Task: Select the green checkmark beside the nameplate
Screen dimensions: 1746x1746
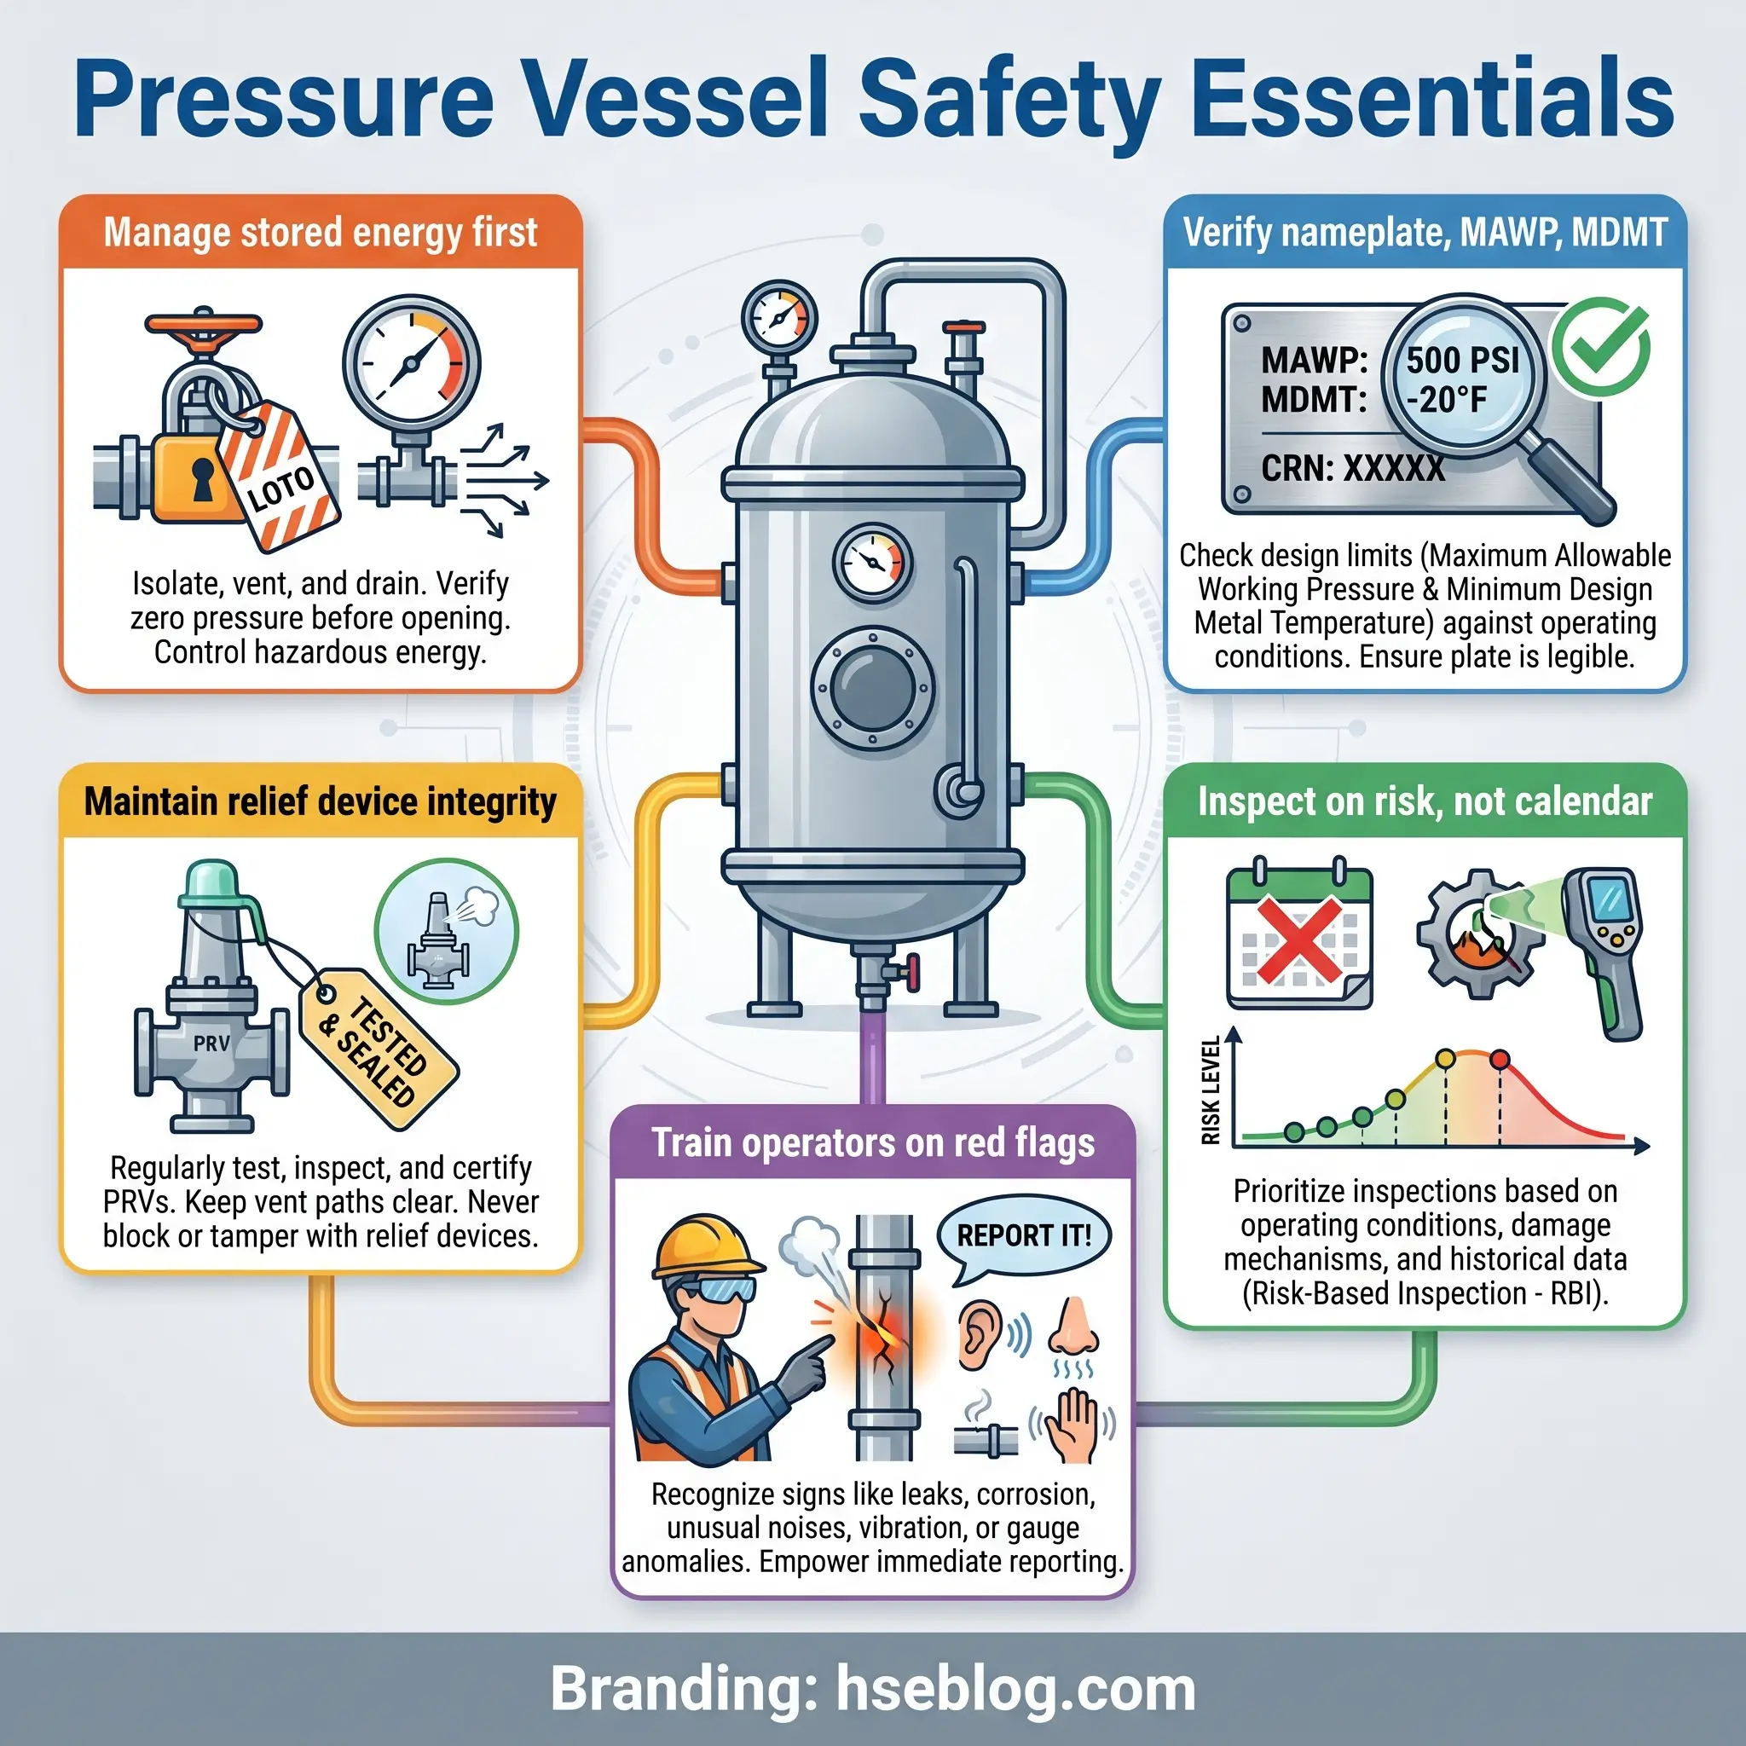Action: point(1601,346)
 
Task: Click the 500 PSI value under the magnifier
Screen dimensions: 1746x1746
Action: point(1462,360)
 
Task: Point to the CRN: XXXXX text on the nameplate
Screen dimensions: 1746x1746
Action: point(1353,468)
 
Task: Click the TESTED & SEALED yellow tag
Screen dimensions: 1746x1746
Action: point(377,1048)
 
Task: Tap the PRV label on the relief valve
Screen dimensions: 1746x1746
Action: point(211,1044)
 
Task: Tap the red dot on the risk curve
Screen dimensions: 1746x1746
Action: point(1500,1059)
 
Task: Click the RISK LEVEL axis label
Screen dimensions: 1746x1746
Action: point(1210,1090)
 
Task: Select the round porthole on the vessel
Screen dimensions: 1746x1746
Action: point(872,688)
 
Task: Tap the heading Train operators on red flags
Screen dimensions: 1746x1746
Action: point(873,1143)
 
